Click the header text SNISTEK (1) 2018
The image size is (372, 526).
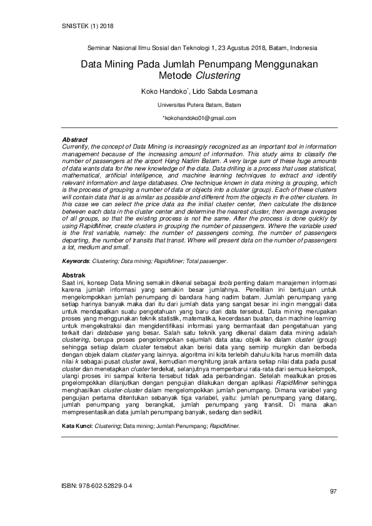tap(88, 26)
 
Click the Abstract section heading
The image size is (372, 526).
tap(75, 139)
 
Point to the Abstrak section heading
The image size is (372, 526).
tap(74, 275)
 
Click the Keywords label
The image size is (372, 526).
tap(79, 261)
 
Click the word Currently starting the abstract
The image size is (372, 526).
tap(76, 145)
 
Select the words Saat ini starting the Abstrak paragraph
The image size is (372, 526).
tap(74, 283)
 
